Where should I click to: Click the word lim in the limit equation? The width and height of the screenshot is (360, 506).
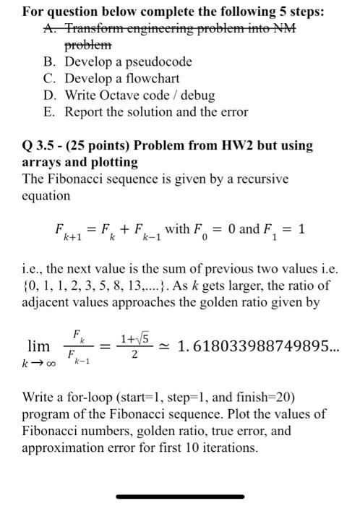[38, 346]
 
